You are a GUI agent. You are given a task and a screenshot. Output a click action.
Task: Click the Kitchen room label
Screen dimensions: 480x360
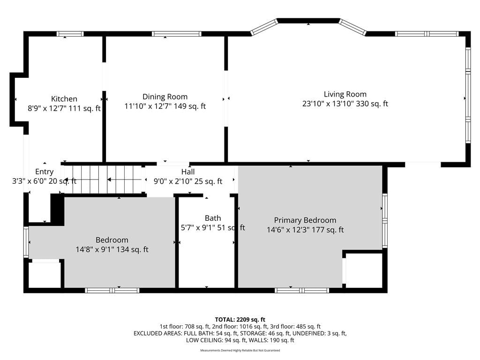click(x=64, y=99)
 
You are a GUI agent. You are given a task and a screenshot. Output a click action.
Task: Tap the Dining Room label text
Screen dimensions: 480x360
click(x=165, y=97)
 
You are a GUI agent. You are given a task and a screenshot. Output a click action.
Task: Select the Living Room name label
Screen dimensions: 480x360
click(x=345, y=94)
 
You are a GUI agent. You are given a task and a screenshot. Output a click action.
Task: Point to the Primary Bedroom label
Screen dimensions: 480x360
click(x=305, y=220)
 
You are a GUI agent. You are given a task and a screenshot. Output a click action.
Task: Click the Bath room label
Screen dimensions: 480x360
click(x=213, y=218)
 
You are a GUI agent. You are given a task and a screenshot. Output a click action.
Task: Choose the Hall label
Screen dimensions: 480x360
click(x=187, y=172)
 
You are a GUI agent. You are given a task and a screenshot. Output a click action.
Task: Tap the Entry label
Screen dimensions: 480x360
click(x=45, y=172)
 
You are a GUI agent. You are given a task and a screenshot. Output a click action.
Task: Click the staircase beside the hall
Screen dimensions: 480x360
click(x=104, y=180)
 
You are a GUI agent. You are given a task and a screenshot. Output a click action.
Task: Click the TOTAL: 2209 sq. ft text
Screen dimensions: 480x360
click(x=240, y=320)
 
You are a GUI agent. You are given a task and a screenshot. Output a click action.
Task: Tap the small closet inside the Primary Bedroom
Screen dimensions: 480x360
click(x=364, y=270)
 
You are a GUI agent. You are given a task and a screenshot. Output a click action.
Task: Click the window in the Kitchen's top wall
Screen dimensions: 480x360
click(x=70, y=34)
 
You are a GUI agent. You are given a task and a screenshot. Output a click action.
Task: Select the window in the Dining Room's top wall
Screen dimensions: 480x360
click(x=177, y=34)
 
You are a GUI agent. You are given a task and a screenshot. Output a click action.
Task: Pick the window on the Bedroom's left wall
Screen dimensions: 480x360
click(x=26, y=242)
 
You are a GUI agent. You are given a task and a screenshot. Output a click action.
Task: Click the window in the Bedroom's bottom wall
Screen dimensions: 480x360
click(x=112, y=290)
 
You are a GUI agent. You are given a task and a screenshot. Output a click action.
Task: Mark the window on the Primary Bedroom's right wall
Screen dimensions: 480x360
click(x=385, y=220)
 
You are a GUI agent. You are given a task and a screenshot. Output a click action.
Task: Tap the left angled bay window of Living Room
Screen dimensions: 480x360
click(x=264, y=27)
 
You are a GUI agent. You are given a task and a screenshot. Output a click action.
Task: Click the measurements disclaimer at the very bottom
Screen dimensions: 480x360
click(x=240, y=350)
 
